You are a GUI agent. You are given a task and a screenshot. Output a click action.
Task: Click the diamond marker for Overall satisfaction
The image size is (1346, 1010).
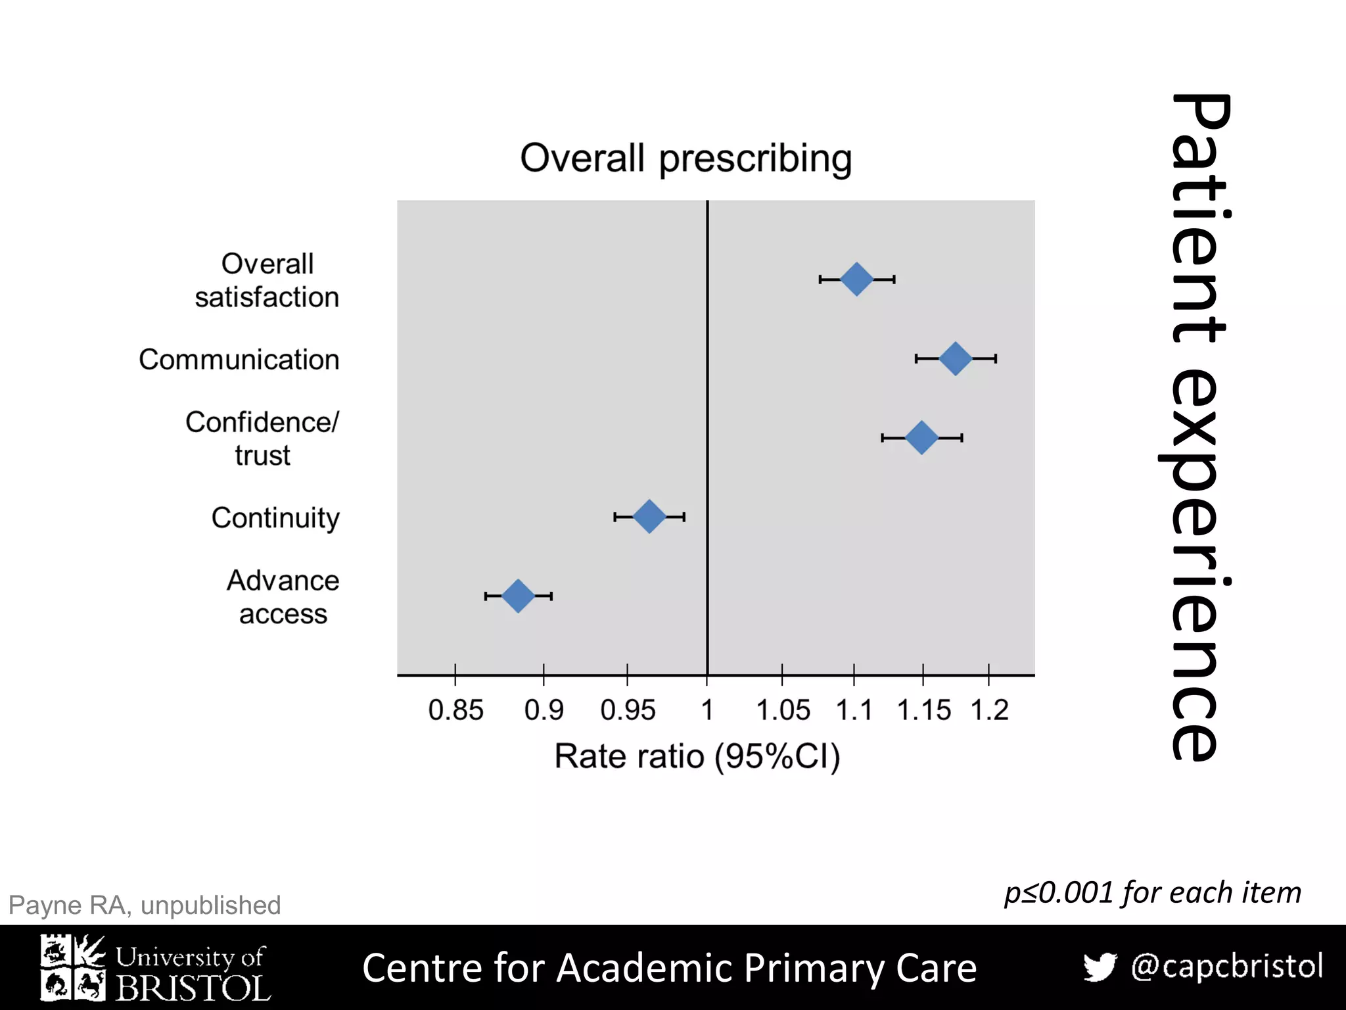click(x=856, y=279)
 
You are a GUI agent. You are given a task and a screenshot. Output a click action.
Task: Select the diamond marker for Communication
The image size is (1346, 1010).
click(x=955, y=358)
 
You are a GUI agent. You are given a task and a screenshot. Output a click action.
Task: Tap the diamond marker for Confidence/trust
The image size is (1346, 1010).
click(x=921, y=437)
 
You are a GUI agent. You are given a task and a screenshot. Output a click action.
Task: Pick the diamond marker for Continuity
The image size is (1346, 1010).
click(x=649, y=516)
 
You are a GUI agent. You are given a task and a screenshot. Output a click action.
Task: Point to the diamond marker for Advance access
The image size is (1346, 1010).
click(x=518, y=596)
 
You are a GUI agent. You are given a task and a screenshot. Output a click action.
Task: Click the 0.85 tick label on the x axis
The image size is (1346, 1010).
click(x=455, y=710)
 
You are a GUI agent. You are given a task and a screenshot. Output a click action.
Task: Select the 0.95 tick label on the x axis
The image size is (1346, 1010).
click(x=628, y=710)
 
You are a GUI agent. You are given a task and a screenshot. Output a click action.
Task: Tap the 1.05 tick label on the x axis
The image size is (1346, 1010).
click(x=783, y=710)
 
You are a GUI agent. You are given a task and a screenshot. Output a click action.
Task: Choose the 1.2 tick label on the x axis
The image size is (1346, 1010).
click(x=989, y=710)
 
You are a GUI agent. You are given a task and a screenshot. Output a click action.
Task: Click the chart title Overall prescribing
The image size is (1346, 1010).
click(x=685, y=158)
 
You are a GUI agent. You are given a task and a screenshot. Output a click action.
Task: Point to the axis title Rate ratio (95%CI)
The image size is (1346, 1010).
click(x=697, y=756)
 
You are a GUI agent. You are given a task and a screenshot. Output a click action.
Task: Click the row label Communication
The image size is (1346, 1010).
click(x=239, y=360)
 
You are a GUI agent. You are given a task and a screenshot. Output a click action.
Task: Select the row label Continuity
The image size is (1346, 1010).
click(x=275, y=518)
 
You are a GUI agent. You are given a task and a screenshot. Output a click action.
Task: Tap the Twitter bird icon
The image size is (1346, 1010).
click(x=1100, y=967)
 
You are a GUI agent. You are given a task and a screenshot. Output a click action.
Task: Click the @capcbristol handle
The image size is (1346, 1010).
click(x=1226, y=966)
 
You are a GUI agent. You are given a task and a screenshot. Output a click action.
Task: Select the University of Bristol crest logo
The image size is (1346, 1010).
click(x=72, y=967)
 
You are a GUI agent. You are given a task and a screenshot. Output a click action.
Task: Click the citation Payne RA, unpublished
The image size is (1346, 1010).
click(x=145, y=905)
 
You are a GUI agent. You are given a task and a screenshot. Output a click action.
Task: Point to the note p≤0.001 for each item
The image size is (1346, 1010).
click(x=1152, y=893)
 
